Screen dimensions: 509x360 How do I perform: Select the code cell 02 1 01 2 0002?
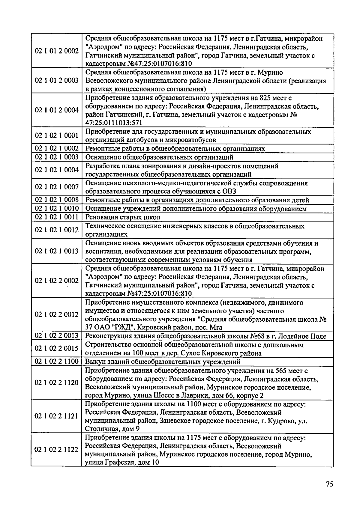(x=57, y=51)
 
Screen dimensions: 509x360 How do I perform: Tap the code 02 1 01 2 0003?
(x=57, y=81)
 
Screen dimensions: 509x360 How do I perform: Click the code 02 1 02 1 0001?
(x=57, y=136)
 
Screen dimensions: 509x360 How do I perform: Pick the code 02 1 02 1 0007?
(x=57, y=187)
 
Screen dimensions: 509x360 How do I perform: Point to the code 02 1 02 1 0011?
(x=57, y=217)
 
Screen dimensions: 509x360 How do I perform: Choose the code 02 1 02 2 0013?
(x=57, y=336)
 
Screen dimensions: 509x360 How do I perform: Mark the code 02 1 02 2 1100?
(x=57, y=362)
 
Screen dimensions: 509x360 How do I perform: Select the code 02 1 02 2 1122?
(x=57, y=450)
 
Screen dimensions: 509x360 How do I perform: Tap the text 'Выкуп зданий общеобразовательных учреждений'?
(x=163, y=362)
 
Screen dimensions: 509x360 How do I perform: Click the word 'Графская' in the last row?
(x=116, y=463)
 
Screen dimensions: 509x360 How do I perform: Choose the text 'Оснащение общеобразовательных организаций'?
(x=159, y=157)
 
